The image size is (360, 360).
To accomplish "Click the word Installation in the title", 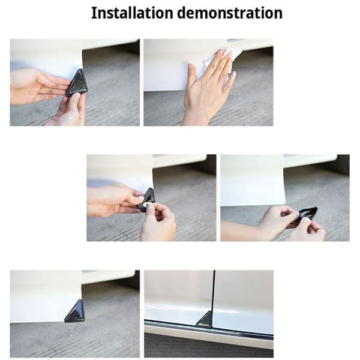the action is [132, 13].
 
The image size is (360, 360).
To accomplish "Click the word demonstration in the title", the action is [230, 13].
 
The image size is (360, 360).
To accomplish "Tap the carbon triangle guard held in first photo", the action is [76, 83].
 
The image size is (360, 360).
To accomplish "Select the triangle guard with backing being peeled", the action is [147, 199].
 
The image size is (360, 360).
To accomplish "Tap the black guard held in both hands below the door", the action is [307, 215].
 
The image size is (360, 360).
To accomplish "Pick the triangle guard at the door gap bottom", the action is [205, 319].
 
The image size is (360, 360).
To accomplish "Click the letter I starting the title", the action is [93, 13].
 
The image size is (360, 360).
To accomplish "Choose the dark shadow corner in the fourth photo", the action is [343, 164].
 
